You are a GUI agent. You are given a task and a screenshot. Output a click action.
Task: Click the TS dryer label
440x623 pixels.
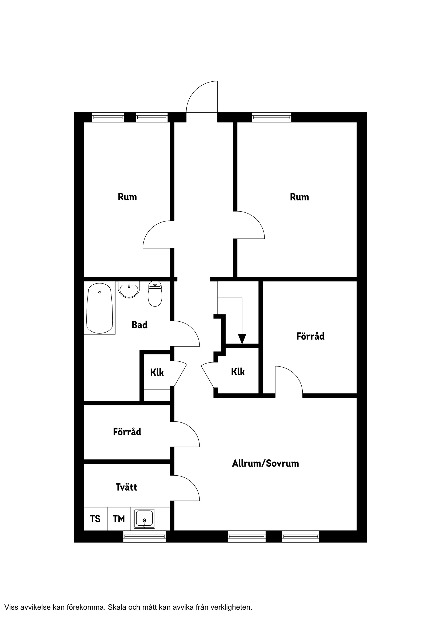[x=95, y=519]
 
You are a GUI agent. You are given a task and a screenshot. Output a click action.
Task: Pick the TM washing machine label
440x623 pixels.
[x=119, y=519]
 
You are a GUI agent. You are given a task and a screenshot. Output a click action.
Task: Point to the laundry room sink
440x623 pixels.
[x=145, y=519]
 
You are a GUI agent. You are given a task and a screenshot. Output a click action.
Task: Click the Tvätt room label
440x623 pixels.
[x=126, y=487]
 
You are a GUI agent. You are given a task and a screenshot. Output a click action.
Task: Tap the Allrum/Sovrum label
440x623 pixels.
[x=265, y=463]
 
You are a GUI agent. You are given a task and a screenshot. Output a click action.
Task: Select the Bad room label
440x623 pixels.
[x=139, y=325]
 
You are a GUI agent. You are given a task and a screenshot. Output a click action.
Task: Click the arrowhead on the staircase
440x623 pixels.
[x=242, y=339]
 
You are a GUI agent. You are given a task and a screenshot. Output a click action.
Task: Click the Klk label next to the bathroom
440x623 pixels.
[x=157, y=372]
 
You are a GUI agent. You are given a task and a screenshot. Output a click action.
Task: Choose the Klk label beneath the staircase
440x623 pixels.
[x=238, y=372]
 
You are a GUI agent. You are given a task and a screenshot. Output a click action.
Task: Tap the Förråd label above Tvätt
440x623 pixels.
[x=127, y=432]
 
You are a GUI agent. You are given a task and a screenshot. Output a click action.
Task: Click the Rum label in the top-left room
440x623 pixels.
[x=127, y=197]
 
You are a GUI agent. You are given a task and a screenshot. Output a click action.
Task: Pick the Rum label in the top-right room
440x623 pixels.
[x=299, y=197]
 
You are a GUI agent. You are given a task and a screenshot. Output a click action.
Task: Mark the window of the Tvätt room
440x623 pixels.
[x=145, y=537]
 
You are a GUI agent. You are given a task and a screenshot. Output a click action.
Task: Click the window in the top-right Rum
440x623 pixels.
[x=271, y=117]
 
